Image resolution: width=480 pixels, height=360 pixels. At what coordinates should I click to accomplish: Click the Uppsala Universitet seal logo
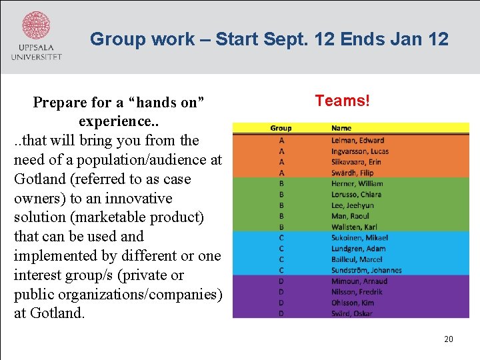point(36,27)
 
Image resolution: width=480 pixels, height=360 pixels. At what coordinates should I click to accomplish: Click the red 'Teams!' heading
point(342,101)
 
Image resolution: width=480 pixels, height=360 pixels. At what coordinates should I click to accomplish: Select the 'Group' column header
point(281,128)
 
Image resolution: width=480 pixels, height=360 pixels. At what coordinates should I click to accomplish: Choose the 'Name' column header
point(341,128)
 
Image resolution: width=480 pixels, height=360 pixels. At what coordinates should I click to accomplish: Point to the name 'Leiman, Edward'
point(357,140)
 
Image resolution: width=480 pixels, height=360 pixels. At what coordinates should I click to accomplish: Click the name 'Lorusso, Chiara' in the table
point(357,195)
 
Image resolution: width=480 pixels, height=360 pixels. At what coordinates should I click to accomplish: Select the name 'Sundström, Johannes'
point(366,270)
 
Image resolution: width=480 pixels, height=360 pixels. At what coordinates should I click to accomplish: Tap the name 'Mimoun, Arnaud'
point(359,281)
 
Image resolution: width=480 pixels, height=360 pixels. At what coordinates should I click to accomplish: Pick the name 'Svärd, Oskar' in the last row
point(352,313)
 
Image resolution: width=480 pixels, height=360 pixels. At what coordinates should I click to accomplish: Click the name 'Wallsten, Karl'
point(354,227)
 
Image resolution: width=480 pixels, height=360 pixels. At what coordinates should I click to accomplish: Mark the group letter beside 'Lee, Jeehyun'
point(281,205)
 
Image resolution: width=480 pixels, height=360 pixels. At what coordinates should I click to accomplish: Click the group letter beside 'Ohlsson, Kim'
point(281,303)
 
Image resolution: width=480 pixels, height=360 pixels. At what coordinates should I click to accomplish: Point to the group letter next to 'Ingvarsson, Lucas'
point(281,151)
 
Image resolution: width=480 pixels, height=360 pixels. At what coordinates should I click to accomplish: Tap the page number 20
point(449,339)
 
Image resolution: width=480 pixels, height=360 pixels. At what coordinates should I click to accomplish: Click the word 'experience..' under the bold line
point(119,122)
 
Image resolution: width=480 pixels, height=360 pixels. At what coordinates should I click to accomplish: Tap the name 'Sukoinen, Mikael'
point(359,238)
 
